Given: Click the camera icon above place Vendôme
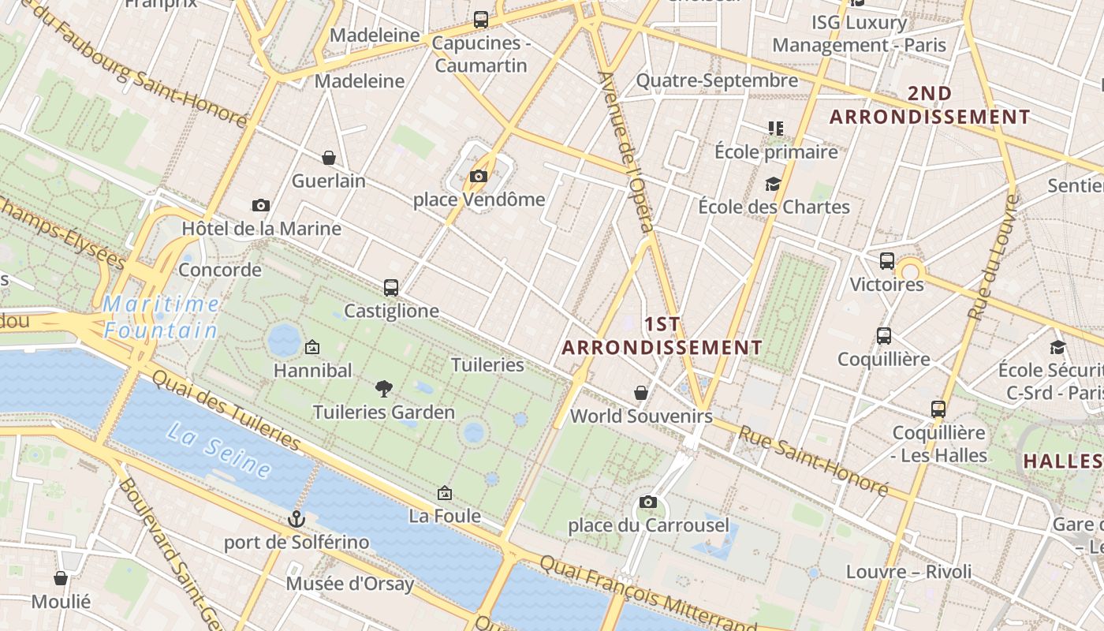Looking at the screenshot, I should click(479, 176).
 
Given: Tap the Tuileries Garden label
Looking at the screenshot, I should click(384, 412).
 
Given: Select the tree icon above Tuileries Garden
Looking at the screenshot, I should click(384, 388).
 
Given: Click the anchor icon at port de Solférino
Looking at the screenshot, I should click(297, 518).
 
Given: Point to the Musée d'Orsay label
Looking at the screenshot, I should click(349, 584).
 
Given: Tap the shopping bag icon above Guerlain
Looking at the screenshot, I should click(329, 158).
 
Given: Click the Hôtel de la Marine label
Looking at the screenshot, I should click(261, 229).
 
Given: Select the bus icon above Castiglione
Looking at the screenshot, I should click(391, 287).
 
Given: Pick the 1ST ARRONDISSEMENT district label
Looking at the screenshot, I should click(662, 336).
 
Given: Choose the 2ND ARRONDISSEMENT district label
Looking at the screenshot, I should click(930, 105).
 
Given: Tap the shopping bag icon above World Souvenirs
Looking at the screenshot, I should click(641, 392).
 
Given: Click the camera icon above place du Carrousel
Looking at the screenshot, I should click(648, 502).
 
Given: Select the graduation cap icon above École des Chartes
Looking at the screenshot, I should click(773, 184).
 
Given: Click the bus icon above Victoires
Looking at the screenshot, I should click(887, 260).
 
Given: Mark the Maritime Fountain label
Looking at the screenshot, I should click(162, 316).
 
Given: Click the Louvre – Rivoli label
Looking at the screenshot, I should click(908, 571).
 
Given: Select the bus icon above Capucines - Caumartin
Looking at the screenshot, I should click(480, 20).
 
